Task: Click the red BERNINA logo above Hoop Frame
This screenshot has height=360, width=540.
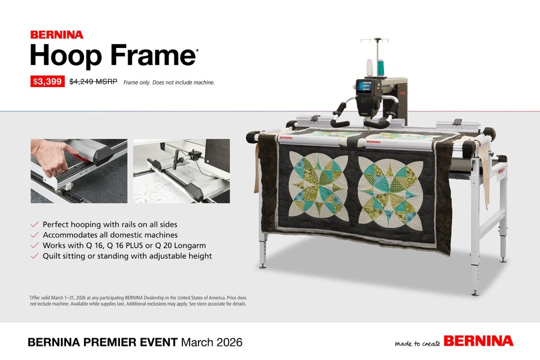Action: point(56,35)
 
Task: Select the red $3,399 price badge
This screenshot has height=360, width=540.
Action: point(47,81)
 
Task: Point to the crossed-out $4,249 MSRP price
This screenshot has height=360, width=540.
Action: point(93,81)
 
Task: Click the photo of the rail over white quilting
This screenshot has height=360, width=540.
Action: point(181,171)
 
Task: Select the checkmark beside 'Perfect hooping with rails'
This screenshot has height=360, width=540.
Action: point(34,224)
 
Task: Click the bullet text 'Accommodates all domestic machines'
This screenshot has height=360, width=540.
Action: point(110,235)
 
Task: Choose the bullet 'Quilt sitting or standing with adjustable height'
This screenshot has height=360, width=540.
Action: point(127,256)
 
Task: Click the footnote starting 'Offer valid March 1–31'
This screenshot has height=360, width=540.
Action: point(138,300)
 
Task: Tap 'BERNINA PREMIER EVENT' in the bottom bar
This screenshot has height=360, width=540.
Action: point(102,342)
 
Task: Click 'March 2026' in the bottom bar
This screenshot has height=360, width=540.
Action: point(211,342)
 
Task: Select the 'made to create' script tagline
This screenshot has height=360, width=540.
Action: point(417,343)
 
